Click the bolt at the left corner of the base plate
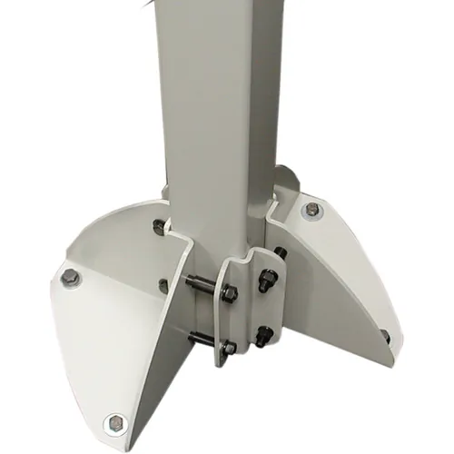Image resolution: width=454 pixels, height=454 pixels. [x=68, y=279]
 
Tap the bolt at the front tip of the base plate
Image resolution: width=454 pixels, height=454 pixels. [x=114, y=421]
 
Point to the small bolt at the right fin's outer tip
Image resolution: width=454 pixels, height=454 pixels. [x=385, y=336]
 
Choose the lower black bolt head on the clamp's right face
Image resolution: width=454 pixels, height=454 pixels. [x=263, y=331]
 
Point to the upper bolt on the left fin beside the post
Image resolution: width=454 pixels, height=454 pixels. [x=160, y=227]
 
